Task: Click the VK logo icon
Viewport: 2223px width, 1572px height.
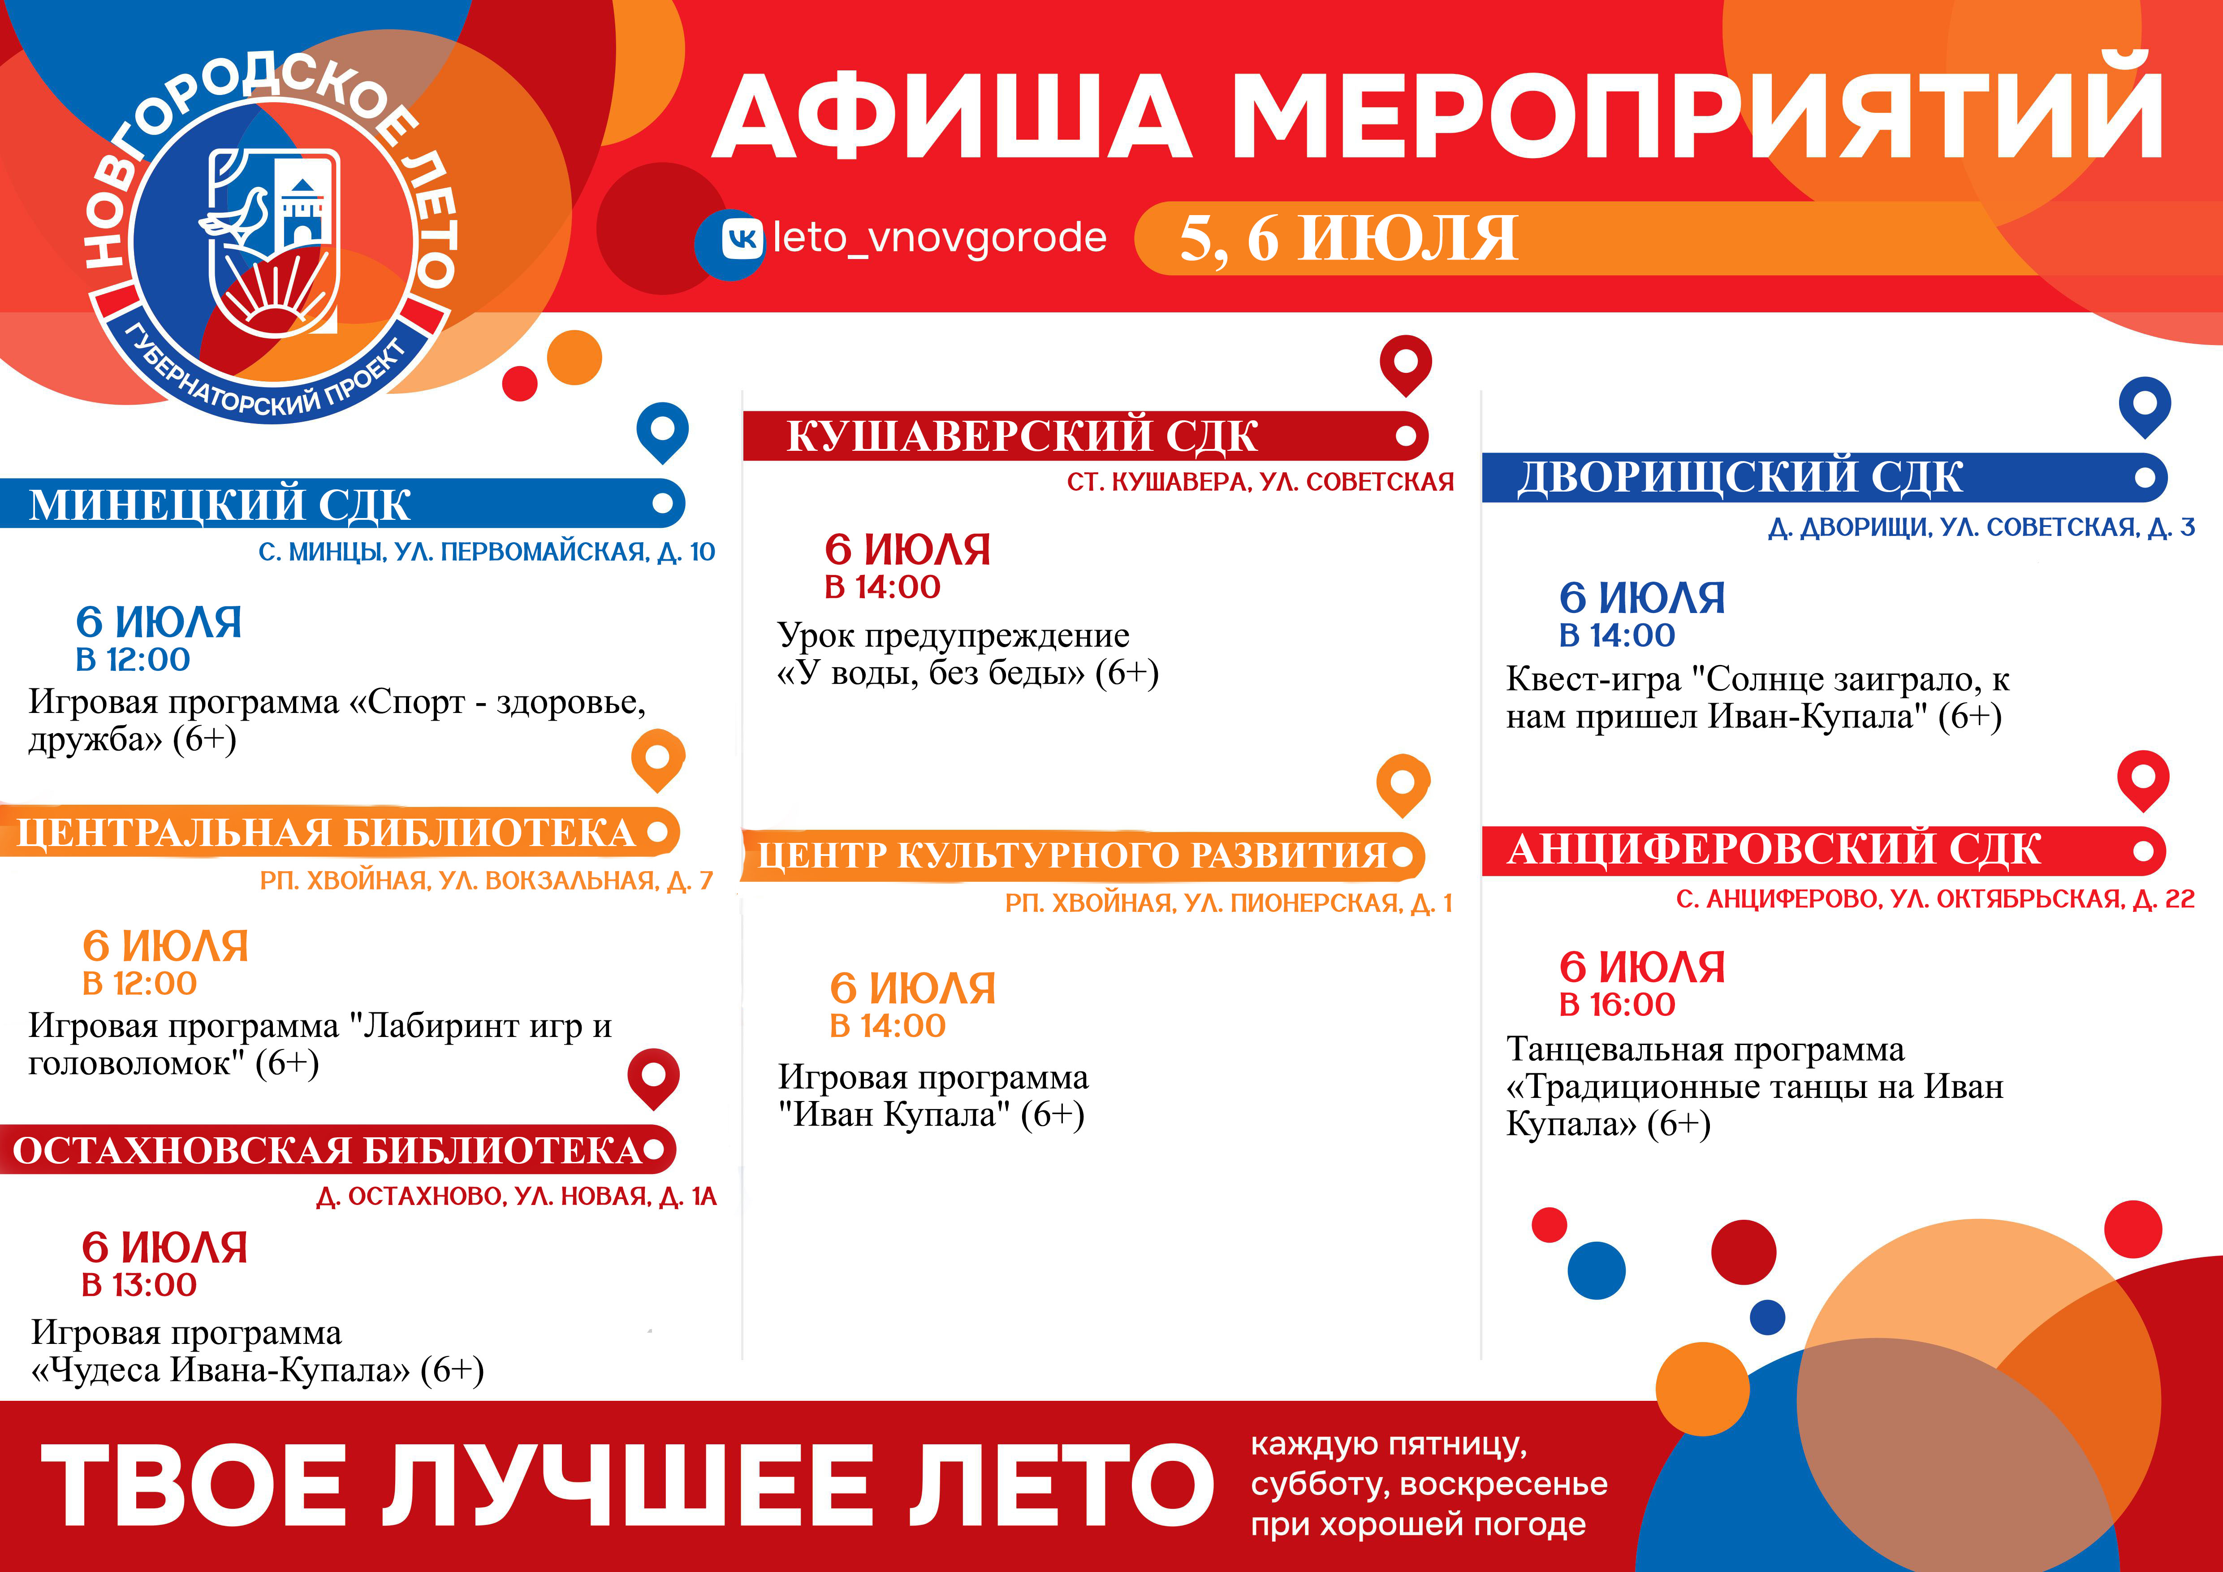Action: tap(742, 238)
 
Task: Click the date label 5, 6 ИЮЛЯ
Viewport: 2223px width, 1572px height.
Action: tap(1348, 238)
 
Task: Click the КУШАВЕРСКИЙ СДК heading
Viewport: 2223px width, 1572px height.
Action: tap(1023, 436)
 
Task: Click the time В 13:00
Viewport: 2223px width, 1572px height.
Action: tap(139, 1284)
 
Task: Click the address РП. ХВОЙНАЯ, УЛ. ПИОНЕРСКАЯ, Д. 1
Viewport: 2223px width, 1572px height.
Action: tap(1229, 903)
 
